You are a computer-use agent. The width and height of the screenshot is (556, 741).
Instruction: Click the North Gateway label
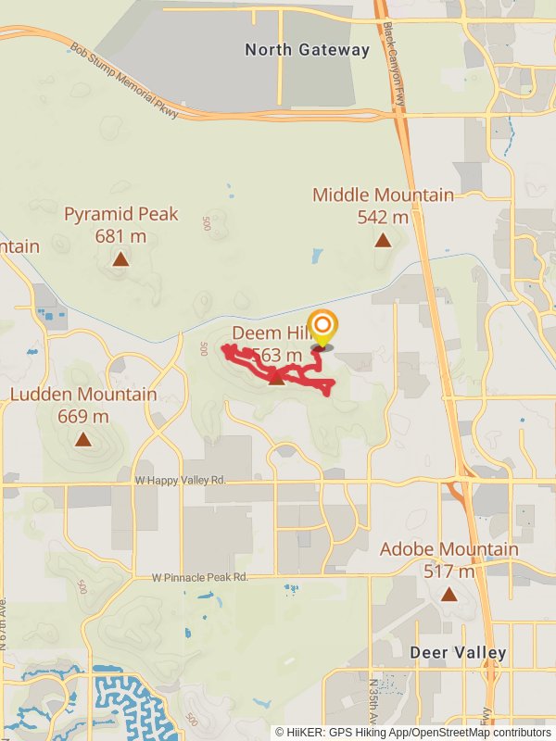(x=307, y=50)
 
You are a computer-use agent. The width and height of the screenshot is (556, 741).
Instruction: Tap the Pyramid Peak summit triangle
(x=120, y=259)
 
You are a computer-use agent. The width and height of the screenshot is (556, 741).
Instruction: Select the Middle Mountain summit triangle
(x=382, y=241)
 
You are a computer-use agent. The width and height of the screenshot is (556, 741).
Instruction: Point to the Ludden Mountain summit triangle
(x=83, y=440)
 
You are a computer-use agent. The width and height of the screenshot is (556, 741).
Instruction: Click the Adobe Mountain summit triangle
(x=449, y=594)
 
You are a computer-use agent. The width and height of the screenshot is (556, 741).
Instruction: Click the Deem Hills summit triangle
(x=276, y=377)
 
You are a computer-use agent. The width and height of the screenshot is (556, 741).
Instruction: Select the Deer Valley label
(x=458, y=653)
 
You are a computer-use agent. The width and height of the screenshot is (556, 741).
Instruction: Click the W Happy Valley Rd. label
(x=180, y=480)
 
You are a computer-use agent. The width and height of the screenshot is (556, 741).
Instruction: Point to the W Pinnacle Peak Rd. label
(x=201, y=577)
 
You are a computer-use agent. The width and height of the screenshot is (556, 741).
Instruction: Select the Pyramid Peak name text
(x=120, y=215)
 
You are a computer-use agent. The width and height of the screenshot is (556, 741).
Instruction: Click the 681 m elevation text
(x=120, y=236)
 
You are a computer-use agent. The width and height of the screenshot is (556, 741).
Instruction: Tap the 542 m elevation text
(x=382, y=218)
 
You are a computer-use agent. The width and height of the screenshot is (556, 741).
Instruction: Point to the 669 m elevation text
(x=83, y=417)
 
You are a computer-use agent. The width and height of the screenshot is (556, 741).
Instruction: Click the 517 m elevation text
(x=449, y=571)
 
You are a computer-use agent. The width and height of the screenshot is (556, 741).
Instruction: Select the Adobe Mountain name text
(x=449, y=549)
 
